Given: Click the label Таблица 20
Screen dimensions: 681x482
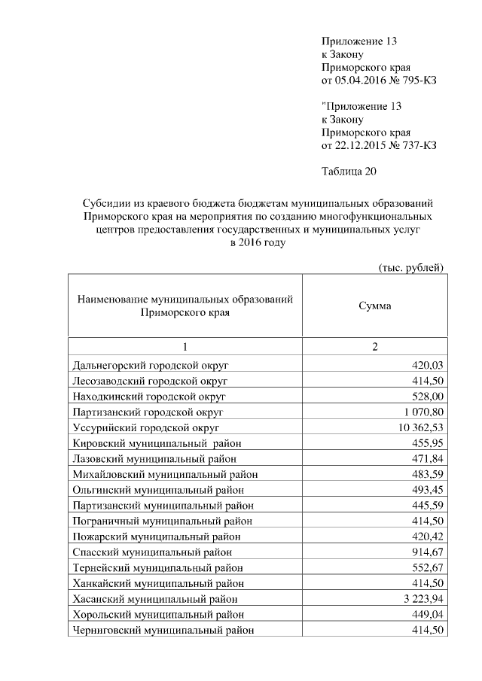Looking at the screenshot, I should pos(348,171).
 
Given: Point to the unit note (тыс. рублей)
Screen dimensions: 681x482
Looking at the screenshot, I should pos(410,267).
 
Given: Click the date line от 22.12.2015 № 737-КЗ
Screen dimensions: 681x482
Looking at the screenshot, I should pos(379,144).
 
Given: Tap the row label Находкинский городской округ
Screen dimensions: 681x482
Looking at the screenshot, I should pos(149,396).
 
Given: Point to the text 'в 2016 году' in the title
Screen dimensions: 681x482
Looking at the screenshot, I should pos(258,242).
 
